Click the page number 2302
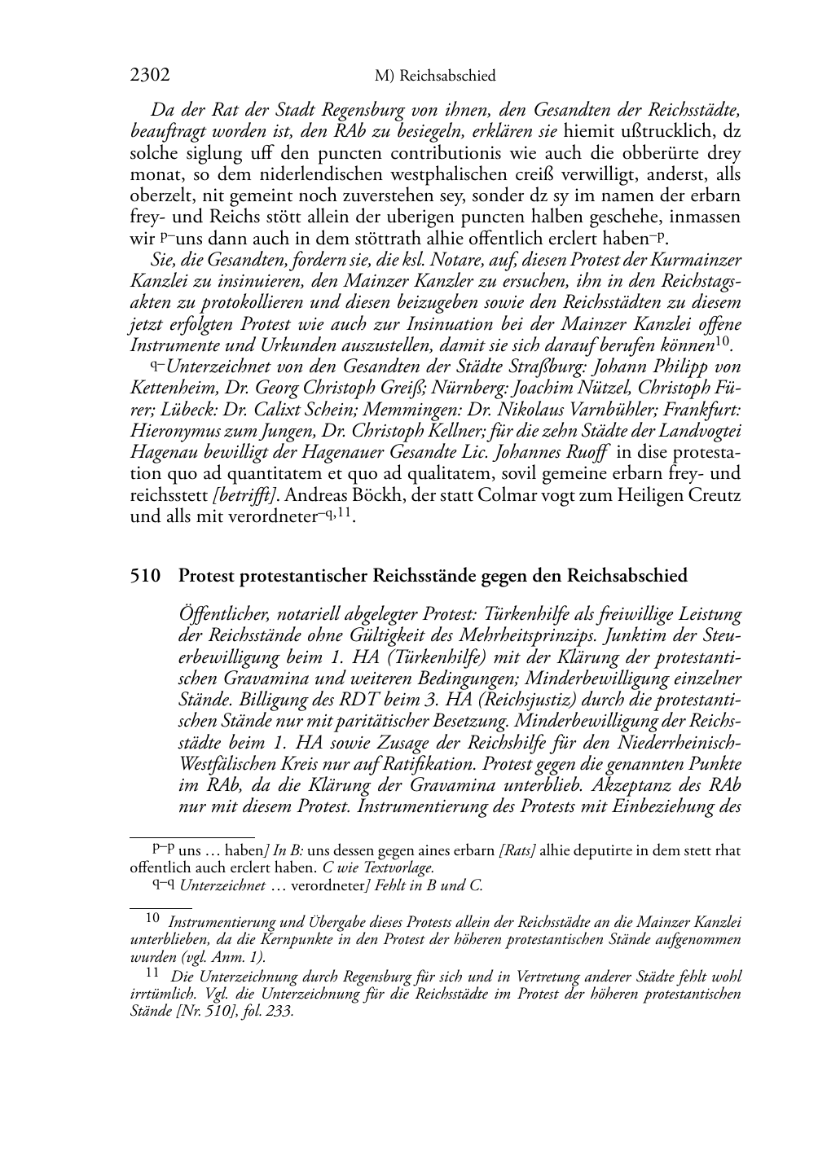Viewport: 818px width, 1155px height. click(x=150, y=76)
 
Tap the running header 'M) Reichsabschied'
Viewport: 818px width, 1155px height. click(x=435, y=77)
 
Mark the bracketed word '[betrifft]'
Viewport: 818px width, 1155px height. click(x=245, y=494)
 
